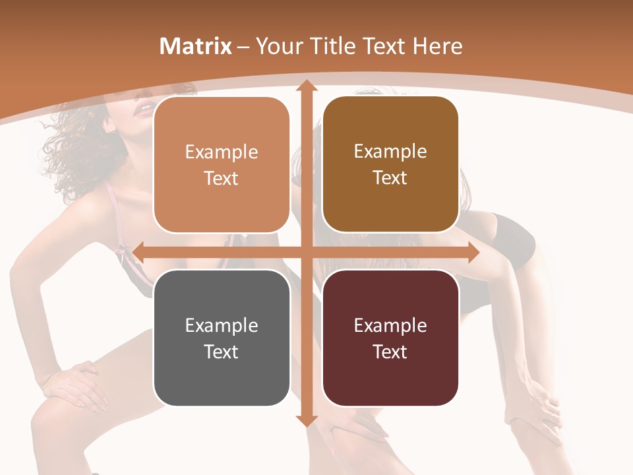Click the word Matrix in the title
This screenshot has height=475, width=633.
click(x=195, y=46)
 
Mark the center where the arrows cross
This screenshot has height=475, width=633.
click(x=306, y=253)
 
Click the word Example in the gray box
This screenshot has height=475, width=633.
click(x=222, y=325)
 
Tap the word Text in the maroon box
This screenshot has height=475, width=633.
click(x=390, y=352)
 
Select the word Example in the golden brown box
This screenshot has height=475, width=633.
click(x=390, y=152)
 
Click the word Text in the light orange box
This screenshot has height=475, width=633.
click(x=222, y=179)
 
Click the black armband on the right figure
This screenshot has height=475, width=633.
click(x=514, y=241)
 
